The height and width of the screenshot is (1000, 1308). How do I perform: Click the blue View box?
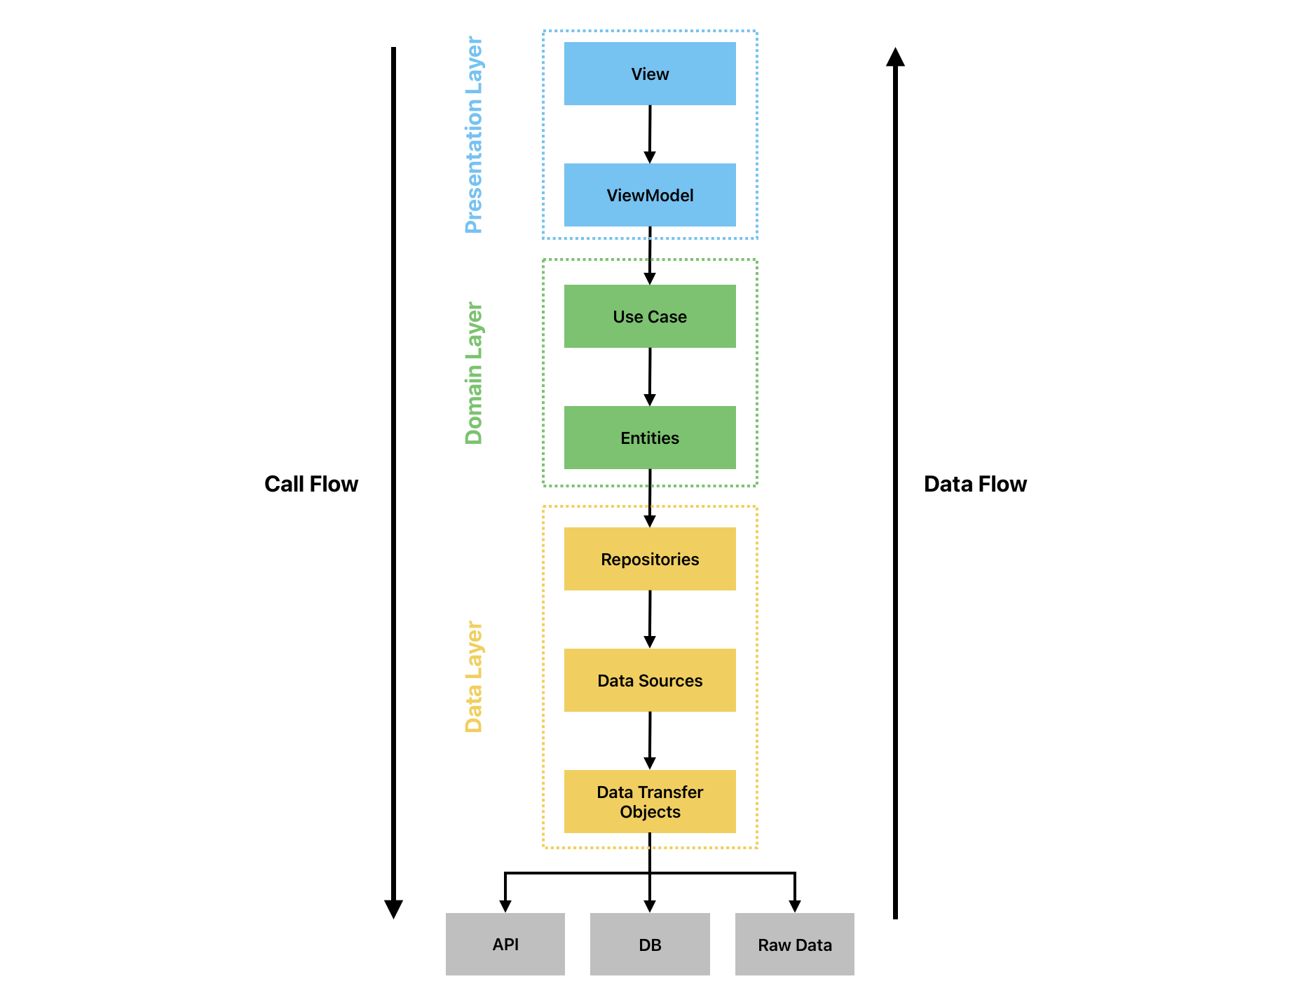click(650, 74)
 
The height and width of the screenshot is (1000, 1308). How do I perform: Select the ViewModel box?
click(650, 195)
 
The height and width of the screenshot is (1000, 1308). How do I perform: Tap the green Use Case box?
click(650, 316)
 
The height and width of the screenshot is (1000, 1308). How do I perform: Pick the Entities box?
click(650, 438)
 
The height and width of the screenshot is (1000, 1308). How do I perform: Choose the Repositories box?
click(650, 559)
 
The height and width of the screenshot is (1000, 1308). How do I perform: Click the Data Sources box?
click(650, 680)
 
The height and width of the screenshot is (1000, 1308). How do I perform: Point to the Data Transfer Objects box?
click(650, 802)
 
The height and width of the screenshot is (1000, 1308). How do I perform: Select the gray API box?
click(505, 944)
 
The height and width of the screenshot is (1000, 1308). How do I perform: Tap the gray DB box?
click(650, 944)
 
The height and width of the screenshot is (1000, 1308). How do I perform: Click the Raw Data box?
click(794, 944)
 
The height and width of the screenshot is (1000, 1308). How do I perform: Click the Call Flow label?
click(311, 484)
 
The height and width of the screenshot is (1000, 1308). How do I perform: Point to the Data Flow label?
click(975, 484)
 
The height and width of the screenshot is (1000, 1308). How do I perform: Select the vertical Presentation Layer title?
click(474, 135)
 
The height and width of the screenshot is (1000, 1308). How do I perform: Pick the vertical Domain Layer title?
click(474, 373)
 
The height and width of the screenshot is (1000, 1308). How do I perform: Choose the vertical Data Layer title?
click(474, 677)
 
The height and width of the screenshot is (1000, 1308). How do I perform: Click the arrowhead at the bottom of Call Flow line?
click(393, 909)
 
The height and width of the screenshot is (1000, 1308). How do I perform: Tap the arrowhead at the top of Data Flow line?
click(895, 58)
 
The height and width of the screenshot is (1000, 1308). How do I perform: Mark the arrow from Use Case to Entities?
click(650, 377)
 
